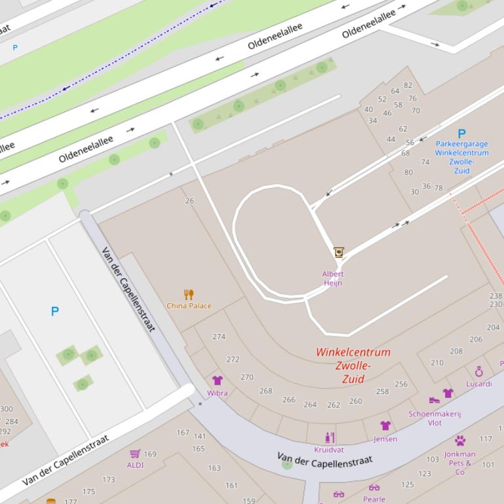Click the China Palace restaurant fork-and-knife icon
(x=189, y=295)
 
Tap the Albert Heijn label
(x=333, y=279)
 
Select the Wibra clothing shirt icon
(x=218, y=380)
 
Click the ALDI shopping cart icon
(x=135, y=454)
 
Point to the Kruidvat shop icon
(x=329, y=438)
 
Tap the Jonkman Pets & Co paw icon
(x=460, y=441)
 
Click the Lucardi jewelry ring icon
(x=479, y=372)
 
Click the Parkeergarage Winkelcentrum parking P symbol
(x=461, y=134)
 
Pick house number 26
(x=189, y=201)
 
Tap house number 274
(x=219, y=337)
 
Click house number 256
(x=401, y=384)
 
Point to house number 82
(x=408, y=85)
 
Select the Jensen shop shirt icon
(x=385, y=426)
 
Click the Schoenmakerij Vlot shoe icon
(x=434, y=400)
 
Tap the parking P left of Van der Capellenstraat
(x=55, y=312)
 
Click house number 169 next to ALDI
(x=150, y=454)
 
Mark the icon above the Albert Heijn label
(x=339, y=252)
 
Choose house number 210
(x=437, y=363)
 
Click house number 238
(x=495, y=297)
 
